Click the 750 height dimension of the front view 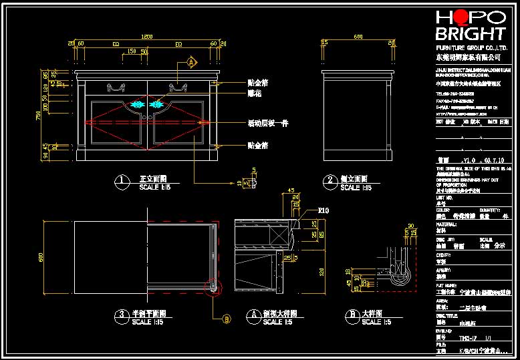pos(39,116)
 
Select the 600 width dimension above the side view pos(358,36)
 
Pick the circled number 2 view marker pos(330,180)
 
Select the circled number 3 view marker pos(121,314)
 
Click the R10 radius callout pos(324,210)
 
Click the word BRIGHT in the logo pos(470,33)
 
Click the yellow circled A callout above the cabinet pos(191,62)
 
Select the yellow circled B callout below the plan pos(226,319)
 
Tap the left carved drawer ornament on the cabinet pos(117,85)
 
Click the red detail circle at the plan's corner pos(213,288)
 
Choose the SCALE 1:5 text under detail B pos(376,322)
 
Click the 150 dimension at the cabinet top pos(132,51)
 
